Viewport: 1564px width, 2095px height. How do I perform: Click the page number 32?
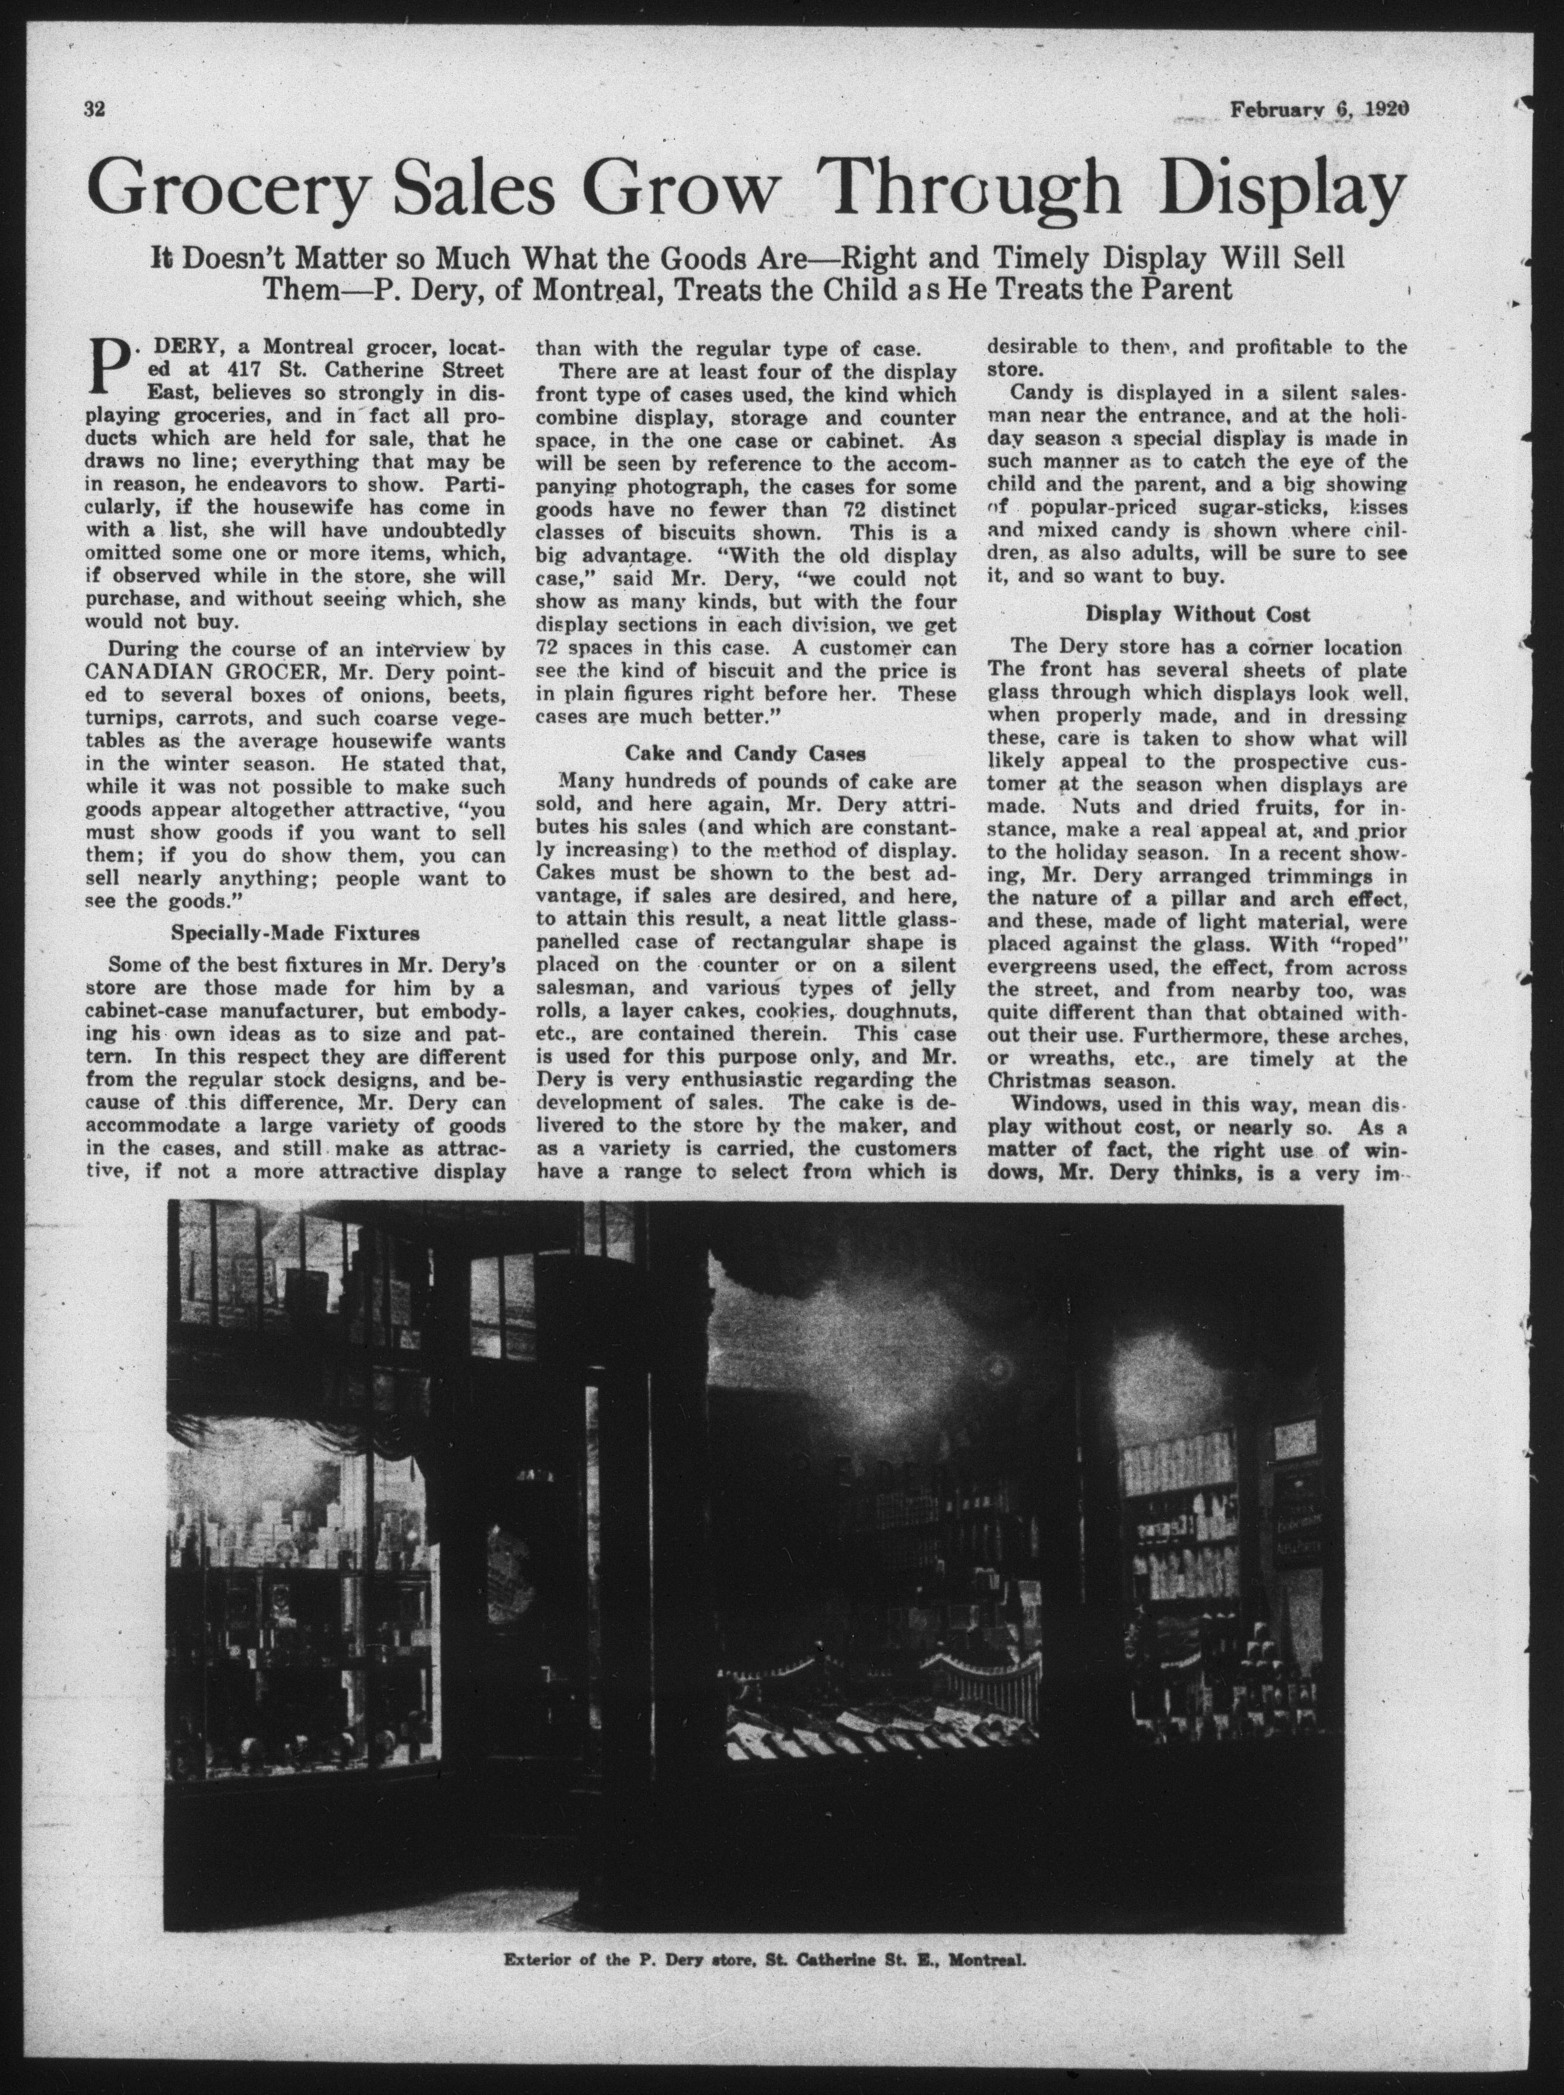pos(94,108)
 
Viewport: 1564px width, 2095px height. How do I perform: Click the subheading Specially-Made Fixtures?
pos(296,932)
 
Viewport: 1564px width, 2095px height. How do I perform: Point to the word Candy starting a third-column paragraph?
pos(1041,393)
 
